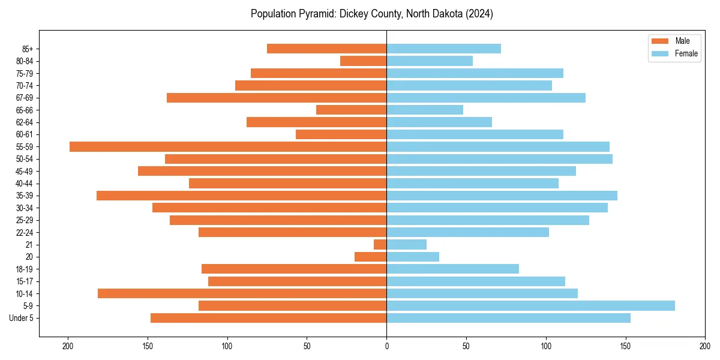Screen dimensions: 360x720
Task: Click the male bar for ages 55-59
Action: (x=228, y=146)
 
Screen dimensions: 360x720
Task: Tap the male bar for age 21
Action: (x=380, y=245)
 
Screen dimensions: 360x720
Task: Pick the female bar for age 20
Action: (x=413, y=257)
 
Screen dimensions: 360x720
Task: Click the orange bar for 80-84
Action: (x=364, y=61)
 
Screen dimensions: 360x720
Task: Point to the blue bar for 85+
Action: (x=443, y=49)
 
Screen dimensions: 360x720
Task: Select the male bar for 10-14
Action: (x=242, y=293)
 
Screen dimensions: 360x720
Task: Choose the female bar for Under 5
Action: (x=508, y=318)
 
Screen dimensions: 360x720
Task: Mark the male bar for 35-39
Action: (x=242, y=196)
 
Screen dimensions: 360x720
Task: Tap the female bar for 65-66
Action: (x=425, y=110)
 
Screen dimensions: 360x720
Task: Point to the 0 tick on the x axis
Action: (x=386, y=346)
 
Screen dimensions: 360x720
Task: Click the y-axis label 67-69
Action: (x=24, y=98)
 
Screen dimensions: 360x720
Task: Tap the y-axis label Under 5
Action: (x=21, y=318)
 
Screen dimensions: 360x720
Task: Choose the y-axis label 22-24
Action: (x=24, y=232)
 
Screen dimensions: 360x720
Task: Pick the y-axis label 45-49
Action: (x=24, y=171)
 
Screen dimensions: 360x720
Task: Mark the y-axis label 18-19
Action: (x=24, y=269)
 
